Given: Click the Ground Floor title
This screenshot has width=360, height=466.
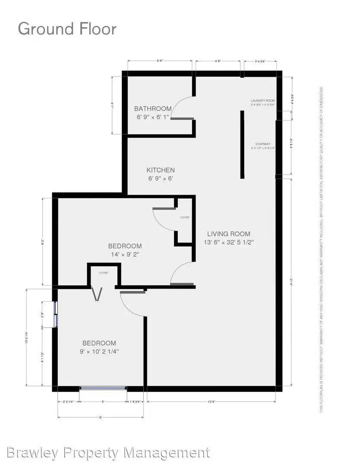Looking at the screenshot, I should pyautogui.click(x=67, y=29).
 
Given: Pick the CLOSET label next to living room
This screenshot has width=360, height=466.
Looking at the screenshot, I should pyautogui.click(x=185, y=217).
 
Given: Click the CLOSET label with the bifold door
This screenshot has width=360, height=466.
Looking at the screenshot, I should pyautogui.click(x=104, y=273).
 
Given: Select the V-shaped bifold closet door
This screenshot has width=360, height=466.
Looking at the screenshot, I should pyautogui.click(x=98, y=295).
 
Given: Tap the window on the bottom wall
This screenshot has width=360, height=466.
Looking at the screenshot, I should pyautogui.click(x=103, y=388).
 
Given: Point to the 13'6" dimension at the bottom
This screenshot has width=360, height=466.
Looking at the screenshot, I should pyautogui.click(x=211, y=402).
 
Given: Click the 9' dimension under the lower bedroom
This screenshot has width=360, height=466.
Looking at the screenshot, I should pyautogui.click(x=100, y=417).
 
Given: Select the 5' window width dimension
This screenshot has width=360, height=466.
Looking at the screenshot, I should pyautogui.click(x=103, y=402).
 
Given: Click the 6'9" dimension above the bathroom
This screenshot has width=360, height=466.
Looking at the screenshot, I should pyautogui.click(x=160, y=61).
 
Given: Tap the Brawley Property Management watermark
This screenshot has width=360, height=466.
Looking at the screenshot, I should pyautogui.click(x=109, y=453).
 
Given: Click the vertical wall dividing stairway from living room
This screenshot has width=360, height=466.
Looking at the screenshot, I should pyautogui.click(x=242, y=145).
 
